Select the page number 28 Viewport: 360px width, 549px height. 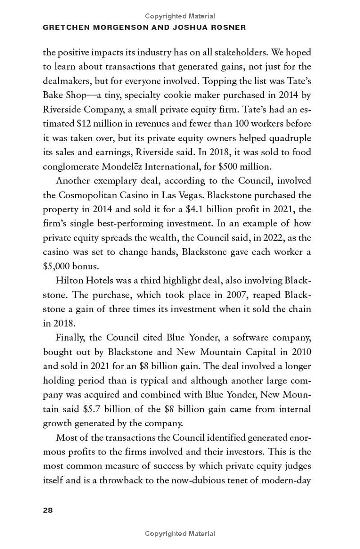point(48,510)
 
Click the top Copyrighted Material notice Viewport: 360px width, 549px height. point(180,16)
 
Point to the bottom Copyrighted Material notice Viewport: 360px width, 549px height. point(180,534)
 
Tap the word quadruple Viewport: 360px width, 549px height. point(291,138)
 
